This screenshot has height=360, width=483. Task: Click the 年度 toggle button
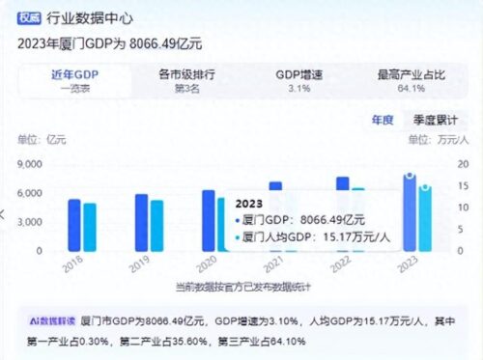click(383, 121)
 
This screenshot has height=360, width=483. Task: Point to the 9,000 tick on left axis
click(28, 165)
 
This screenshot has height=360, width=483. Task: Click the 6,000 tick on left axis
click(28, 193)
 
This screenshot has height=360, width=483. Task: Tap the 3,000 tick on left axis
click(28, 222)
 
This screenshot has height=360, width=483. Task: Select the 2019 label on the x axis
click(142, 263)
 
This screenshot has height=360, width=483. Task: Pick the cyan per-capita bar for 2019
click(156, 226)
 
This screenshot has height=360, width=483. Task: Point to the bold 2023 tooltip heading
click(249, 203)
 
